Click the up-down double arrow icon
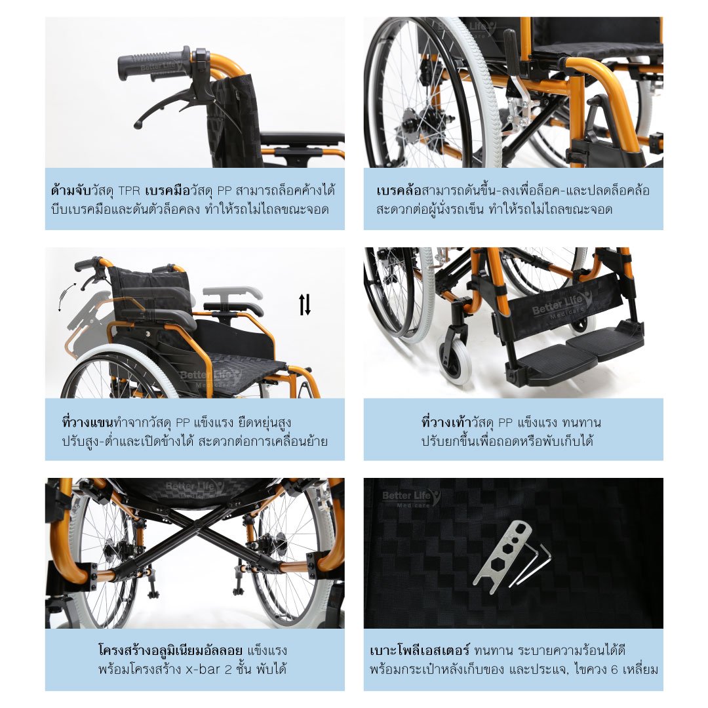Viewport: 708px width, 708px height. [305, 304]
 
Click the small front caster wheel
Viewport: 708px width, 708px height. [454, 363]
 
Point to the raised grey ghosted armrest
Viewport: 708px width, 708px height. [232, 292]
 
